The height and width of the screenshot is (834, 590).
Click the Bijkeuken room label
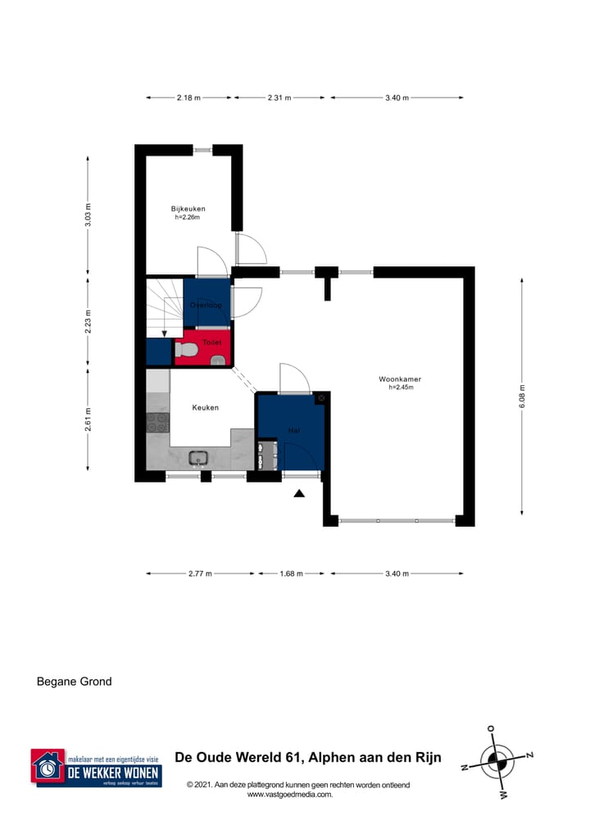point(188,208)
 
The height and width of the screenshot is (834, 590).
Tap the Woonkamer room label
point(400,378)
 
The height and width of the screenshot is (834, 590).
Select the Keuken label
point(205,407)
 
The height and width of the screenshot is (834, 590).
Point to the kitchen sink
point(197,458)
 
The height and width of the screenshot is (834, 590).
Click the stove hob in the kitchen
point(157,422)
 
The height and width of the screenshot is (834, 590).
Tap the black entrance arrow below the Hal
point(299,492)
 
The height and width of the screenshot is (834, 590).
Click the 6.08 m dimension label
point(521,397)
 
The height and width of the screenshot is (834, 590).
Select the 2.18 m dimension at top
point(188,97)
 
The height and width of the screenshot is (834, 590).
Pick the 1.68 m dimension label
point(291,573)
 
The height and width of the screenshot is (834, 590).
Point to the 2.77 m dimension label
point(200,573)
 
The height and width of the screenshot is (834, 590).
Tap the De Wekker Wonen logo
point(97,768)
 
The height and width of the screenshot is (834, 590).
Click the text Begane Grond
point(75,681)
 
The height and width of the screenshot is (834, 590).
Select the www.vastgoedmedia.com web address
point(289,794)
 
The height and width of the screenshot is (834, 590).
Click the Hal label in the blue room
point(293,430)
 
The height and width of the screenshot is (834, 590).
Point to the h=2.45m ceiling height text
point(400,388)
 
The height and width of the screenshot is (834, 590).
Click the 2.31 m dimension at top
point(279,97)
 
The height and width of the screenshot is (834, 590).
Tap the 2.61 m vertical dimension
point(89,418)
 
